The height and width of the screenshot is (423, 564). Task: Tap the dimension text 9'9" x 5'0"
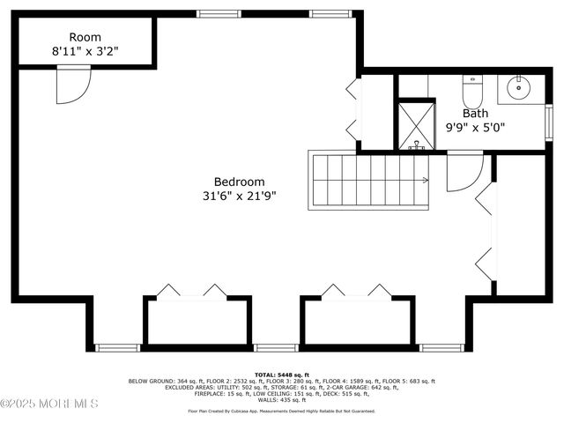[x=476, y=128]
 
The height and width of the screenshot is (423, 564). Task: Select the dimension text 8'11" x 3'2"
[x=85, y=52]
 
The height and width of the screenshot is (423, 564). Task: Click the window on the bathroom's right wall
[x=548, y=122]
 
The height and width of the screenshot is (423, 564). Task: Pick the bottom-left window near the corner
[x=118, y=347]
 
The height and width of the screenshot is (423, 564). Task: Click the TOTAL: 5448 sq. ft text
[x=281, y=374]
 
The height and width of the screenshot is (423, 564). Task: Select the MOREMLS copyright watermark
[x=49, y=404]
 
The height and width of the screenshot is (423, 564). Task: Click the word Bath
[x=475, y=113]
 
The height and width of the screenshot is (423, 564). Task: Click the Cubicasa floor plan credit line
[x=281, y=411]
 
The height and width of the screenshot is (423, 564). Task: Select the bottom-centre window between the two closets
[x=269, y=347]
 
